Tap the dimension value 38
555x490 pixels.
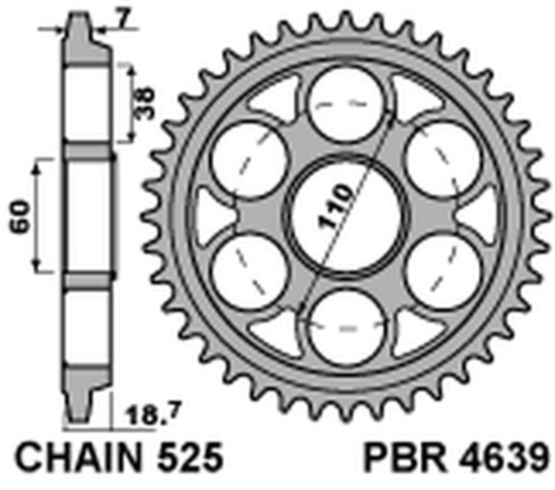point(146,103)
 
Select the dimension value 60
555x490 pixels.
point(19,216)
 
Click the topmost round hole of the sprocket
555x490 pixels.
point(344,102)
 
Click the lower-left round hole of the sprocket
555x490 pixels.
point(248,269)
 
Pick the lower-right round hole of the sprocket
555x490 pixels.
point(441,269)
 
